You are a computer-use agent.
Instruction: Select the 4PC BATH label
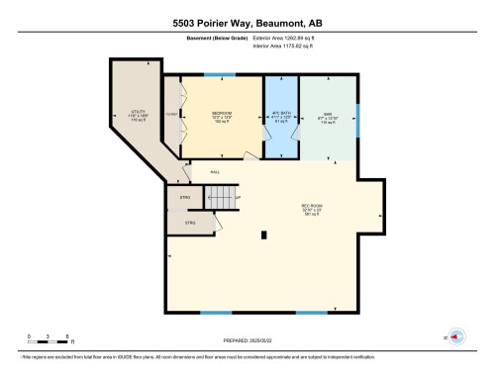pos(280,115)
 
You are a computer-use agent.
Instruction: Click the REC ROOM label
pos(313,208)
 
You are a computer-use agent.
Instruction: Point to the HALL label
pos(214,170)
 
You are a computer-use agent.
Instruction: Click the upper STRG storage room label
pos(184,199)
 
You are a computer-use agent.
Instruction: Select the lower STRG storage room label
pos(190,224)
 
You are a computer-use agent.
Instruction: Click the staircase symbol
pos(224,198)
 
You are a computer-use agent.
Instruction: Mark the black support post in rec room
pos(263,236)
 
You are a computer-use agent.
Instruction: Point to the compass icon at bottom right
pos(456,336)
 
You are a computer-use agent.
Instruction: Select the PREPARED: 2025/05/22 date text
pos(247,341)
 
